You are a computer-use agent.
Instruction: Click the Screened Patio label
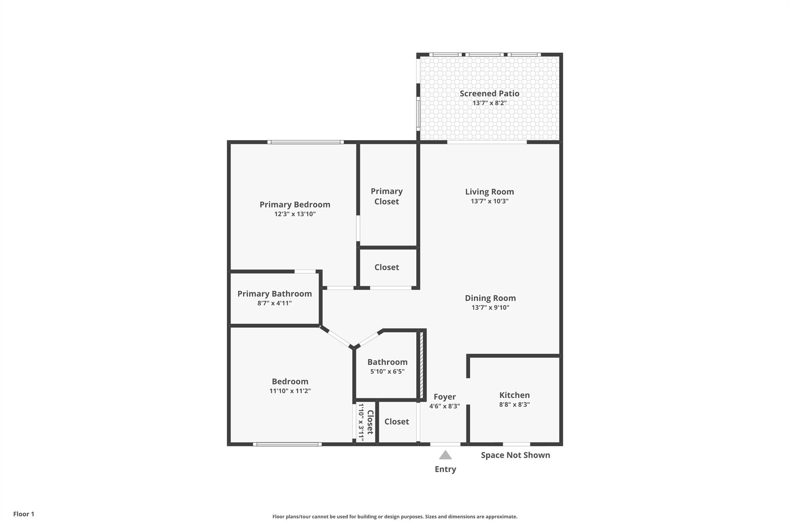489,93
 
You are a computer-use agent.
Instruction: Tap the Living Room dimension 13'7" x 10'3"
489,201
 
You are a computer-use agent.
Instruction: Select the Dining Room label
490,298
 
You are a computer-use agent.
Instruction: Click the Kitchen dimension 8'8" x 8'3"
514,405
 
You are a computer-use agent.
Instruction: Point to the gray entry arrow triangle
445,455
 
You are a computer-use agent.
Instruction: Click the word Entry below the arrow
445,469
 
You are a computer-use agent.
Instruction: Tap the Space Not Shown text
515,455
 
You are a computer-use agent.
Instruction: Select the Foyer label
444,397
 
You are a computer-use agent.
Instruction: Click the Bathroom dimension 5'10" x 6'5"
387,371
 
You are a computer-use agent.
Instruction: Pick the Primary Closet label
387,196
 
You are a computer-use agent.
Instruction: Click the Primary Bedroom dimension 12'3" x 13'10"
295,214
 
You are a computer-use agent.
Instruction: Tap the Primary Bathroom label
274,294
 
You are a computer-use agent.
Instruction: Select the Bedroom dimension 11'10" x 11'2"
290,391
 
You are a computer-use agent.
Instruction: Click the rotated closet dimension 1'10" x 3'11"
361,422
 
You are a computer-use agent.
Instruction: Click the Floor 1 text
24,514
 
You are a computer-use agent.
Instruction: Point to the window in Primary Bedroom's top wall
305,142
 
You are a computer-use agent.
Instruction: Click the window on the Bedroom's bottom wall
287,444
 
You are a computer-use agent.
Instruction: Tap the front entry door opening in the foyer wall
445,444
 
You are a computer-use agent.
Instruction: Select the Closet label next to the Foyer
397,422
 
